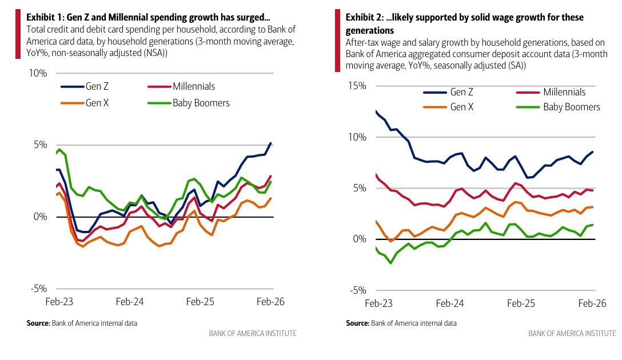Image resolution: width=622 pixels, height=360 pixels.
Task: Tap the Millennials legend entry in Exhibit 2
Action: (x=564, y=92)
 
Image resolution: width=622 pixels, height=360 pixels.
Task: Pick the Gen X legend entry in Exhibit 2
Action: (x=461, y=107)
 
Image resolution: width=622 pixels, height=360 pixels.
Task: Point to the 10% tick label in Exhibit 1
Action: (x=37, y=73)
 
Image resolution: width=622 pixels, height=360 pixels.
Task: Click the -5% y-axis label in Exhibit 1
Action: (x=38, y=289)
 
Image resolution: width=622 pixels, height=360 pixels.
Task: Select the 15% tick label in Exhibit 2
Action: (x=356, y=86)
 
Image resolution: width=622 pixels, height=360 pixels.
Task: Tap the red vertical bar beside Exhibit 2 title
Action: (x=337, y=41)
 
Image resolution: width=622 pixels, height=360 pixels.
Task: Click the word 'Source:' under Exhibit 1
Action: (x=38, y=323)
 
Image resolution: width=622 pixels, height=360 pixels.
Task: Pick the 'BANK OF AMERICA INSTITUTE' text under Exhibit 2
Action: (x=572, y=333)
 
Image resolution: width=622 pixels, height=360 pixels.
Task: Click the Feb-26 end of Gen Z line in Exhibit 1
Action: (x=271, y=143)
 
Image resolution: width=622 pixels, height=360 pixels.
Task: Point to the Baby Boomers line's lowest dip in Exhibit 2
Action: (x=390, y=263)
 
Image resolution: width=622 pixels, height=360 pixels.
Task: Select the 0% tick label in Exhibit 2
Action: (x=358, y=239)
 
